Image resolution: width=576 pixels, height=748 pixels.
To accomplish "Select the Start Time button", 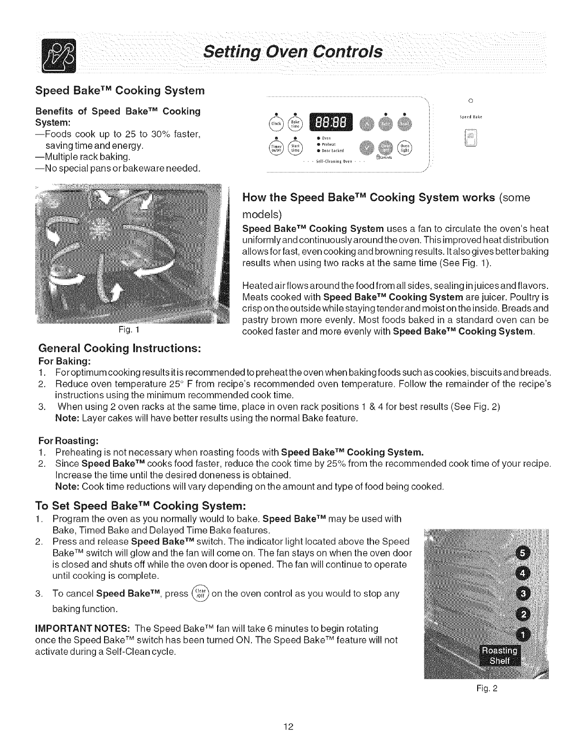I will [x=296, y=148].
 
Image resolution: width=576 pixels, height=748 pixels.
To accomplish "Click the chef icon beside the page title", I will [x=56, y=56].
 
